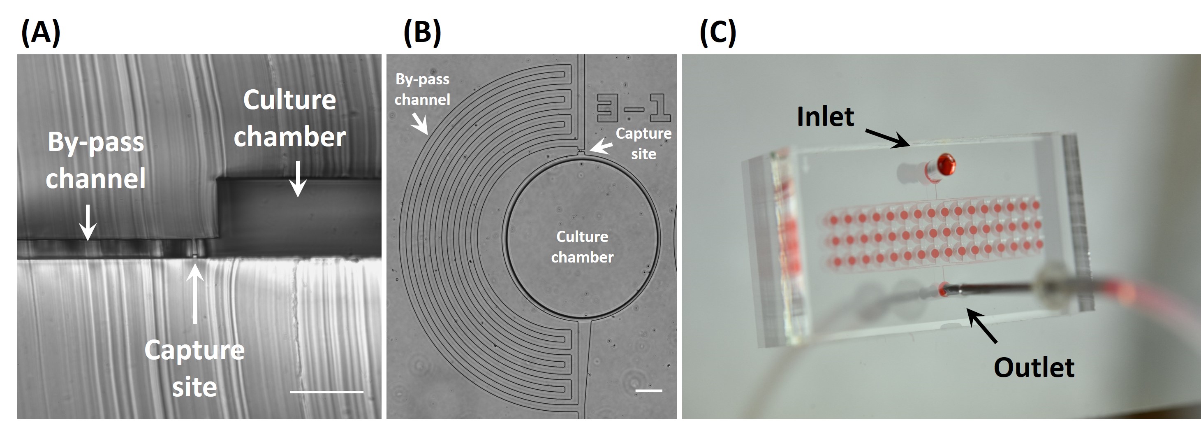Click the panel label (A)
click(x=41, y=33)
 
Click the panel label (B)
click(x=422, y=33)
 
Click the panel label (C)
click(x=718, y=33)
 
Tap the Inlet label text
click(x=825, y=116)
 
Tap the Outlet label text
click(x=1034, y=367)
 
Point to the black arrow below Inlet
click(x=887, y=139)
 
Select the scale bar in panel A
click(x=326, y=392)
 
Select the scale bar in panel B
click(x=648, y=390)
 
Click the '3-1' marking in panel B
click(x=634, y=108)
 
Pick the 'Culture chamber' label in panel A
click(x=289, y=119)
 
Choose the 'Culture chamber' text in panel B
click(x=582, y=247)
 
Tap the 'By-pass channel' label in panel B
click(x=422, y=89)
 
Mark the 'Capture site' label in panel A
click(x=194, y=368)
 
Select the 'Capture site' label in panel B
click(x=643, y=143)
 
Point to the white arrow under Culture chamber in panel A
click(x=297, y=179)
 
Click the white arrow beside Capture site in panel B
click(x=600, y=146)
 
